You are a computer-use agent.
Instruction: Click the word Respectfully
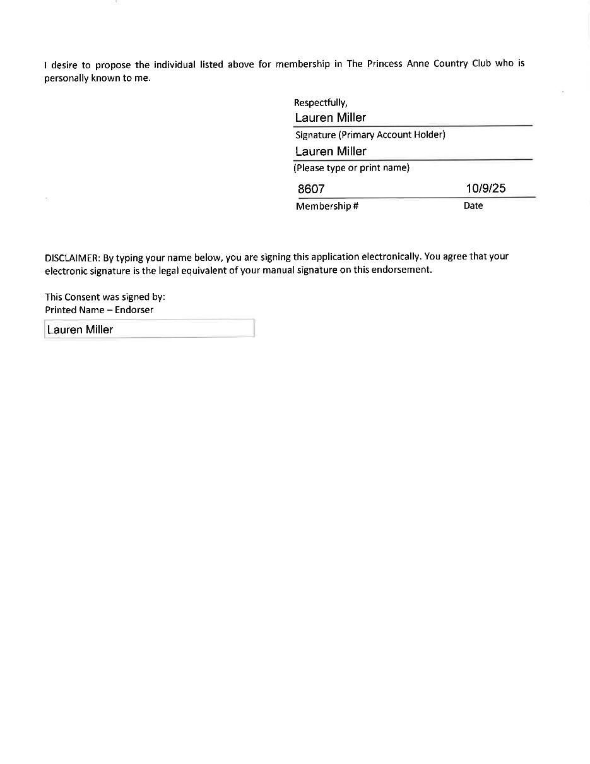(x=320, y=103)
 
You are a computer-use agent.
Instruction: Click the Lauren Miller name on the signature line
(x=330, y=118)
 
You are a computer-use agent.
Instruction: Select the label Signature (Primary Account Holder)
(x=370, y=135)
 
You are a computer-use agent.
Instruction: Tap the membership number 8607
(x=310, y=189)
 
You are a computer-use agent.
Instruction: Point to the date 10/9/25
(x=485, y=188)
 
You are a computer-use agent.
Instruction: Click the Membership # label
(x=327, y=206)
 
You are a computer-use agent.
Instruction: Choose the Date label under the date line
(x=473, y=206)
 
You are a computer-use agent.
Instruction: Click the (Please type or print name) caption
(x=351, y=168)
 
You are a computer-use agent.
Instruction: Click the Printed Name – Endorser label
(x=99, y=310)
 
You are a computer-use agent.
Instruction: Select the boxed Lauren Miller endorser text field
(x=149, y=329)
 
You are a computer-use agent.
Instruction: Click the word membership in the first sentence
(x=302, y=64)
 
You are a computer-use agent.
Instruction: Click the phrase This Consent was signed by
(x=105, y=297)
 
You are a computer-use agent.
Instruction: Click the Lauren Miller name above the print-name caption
(x=330, y=152)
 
